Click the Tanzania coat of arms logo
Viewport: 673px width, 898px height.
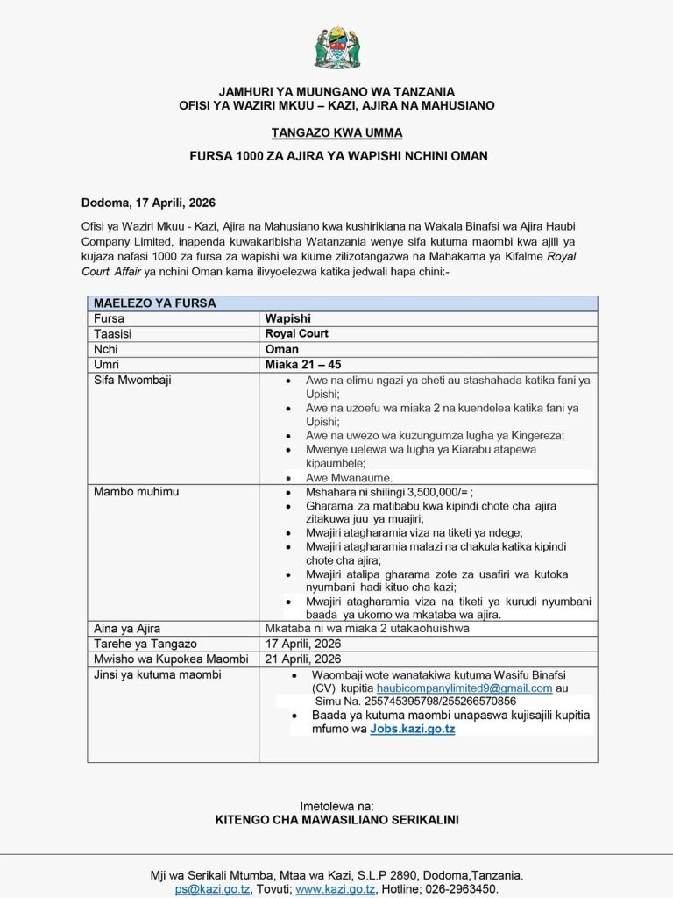[337, 47]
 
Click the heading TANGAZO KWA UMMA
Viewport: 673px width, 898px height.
[336, 133]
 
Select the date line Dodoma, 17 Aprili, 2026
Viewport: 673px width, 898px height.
[148, 202]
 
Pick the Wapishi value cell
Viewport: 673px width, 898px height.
[288, 319]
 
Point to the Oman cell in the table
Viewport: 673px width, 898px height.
[282, 349]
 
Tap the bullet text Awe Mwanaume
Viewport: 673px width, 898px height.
[349, 478]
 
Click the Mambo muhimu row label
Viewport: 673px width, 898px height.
[136, 492]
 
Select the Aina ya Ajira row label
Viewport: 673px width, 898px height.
[127, 629]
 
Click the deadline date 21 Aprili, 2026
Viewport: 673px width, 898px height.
[303, 659]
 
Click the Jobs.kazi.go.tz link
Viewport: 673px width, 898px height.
[412, 729]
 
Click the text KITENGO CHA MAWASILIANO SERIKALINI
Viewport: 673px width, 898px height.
[336, 820]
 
